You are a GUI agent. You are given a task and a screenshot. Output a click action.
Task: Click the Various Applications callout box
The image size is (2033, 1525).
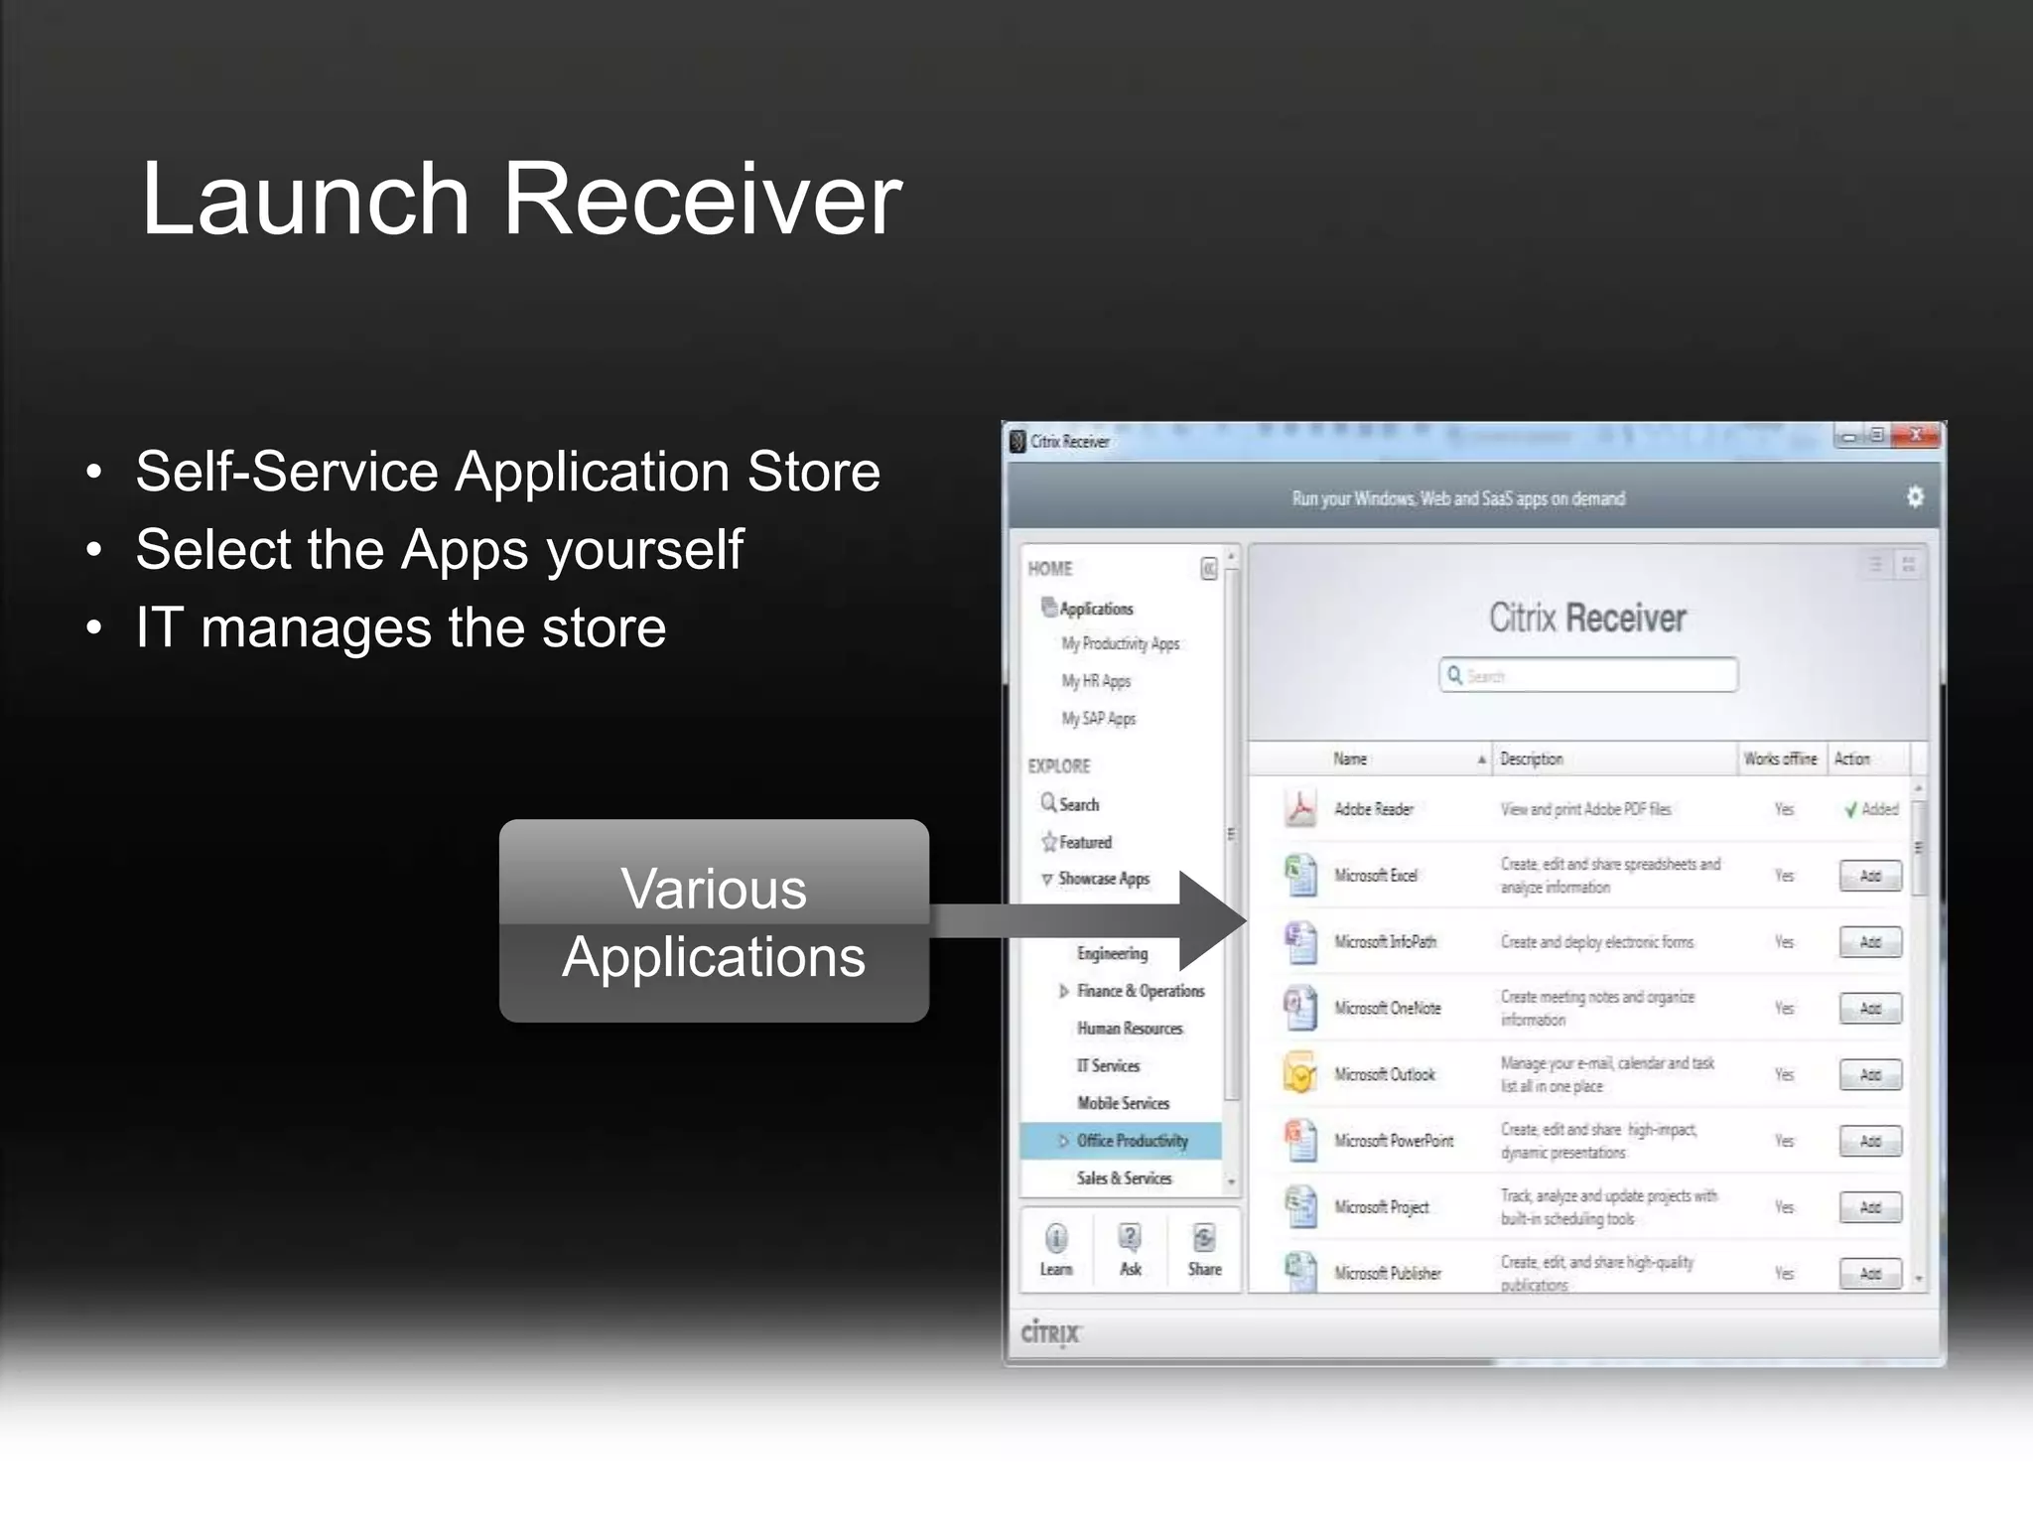pos(714,920)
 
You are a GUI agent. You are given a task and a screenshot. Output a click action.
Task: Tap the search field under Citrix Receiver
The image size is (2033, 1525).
pos(1588,675)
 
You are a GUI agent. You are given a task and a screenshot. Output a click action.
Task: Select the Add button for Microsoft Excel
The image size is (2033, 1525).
pos(1870,876)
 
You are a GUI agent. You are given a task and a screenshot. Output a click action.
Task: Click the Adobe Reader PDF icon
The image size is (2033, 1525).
pos(1300,808)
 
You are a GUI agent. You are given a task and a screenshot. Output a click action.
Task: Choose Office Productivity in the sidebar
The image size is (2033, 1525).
pos(1132,1141)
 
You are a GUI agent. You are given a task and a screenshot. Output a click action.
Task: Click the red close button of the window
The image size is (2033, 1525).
pos(1915,435)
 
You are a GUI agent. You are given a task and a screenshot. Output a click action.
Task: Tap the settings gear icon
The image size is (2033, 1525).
pos(1915,496)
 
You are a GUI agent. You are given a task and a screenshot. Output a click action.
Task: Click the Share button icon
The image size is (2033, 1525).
pos(1204,1239)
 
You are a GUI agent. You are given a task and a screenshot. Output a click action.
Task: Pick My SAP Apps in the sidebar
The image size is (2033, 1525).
pos(1099,718)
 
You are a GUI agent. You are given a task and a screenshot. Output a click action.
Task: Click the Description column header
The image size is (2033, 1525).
pos(1532,759)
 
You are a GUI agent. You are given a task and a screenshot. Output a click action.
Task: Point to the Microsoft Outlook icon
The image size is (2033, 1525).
pos(1300,1073)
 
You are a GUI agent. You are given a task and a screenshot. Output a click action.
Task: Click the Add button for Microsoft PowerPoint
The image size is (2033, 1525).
pos(1870,1141)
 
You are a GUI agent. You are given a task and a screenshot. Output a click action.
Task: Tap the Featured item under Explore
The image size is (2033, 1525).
pos(1084,842)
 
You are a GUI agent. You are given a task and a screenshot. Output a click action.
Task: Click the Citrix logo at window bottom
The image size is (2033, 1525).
pos(1050,1332)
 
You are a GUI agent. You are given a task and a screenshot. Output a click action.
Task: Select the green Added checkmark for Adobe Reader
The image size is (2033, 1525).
pos(1850,809)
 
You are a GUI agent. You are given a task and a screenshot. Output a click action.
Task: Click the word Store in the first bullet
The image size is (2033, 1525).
pos(813,471)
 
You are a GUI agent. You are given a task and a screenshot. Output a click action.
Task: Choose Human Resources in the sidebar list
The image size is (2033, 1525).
pos(1130,1029)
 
